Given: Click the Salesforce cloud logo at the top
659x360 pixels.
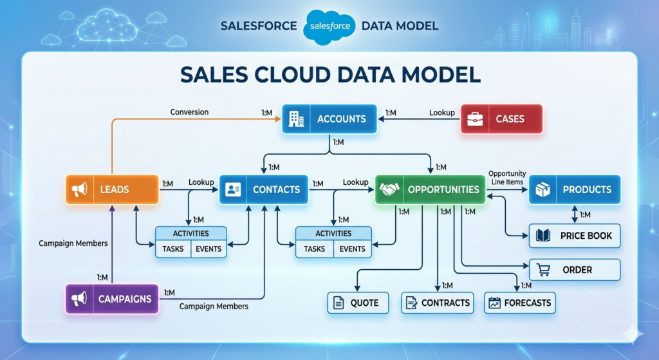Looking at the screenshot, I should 329,26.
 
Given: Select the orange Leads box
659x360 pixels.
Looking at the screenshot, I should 112,189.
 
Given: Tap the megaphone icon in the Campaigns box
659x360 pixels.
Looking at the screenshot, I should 80,299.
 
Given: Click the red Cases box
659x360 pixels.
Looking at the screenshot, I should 501,119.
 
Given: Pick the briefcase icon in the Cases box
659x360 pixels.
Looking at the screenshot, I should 476,119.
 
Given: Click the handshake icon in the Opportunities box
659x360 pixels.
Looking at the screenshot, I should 389,189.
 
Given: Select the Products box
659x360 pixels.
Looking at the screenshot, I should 574,189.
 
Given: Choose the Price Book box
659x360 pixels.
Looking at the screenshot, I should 574,236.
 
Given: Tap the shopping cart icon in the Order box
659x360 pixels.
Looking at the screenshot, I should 543,270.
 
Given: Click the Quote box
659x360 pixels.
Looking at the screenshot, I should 358,303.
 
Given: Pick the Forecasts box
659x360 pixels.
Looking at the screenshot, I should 519,303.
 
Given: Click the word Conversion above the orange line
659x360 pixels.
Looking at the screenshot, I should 189,112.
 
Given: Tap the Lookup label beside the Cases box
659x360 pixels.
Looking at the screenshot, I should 442,113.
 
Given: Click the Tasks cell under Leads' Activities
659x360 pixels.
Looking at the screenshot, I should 173,249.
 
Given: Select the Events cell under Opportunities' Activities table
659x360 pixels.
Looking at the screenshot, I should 352,249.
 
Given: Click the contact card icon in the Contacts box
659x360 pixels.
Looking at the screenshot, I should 234,189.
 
